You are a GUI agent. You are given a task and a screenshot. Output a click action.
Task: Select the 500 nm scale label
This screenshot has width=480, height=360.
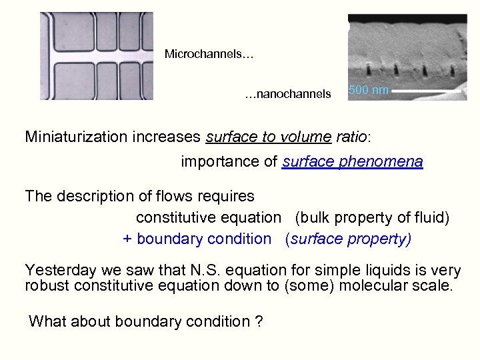click(369, 90)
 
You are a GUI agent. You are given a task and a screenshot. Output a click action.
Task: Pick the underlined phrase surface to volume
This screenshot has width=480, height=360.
click(269, 137)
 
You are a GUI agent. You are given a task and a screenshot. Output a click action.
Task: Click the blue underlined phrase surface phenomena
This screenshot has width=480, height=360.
click(352, 162)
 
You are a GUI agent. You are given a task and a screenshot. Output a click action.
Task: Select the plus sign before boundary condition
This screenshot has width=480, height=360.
click(127, 239)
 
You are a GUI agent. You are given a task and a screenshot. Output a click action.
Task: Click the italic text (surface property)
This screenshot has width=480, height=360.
click(348, 239)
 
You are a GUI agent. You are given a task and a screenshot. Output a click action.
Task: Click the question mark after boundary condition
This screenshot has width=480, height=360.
click(259, 321)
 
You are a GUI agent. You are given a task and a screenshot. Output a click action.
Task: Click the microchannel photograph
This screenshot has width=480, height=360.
click(96, 56)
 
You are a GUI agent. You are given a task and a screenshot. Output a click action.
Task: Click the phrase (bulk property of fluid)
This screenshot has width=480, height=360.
click(372, 217)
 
